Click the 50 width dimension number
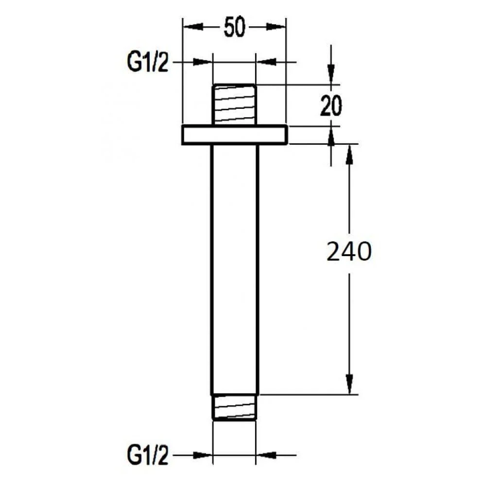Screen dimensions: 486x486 pos(234,27)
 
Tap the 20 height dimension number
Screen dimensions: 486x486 pos(330,106)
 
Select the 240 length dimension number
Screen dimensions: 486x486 pos(349,252)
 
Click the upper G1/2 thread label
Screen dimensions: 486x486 pos(148,62)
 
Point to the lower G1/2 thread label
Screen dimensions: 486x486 pos(148,456)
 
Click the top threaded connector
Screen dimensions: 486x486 pos(234,104)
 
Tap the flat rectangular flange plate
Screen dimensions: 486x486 pos(234,135)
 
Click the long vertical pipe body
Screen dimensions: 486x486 pos(235,270)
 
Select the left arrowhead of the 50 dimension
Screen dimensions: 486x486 pos(193,27)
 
